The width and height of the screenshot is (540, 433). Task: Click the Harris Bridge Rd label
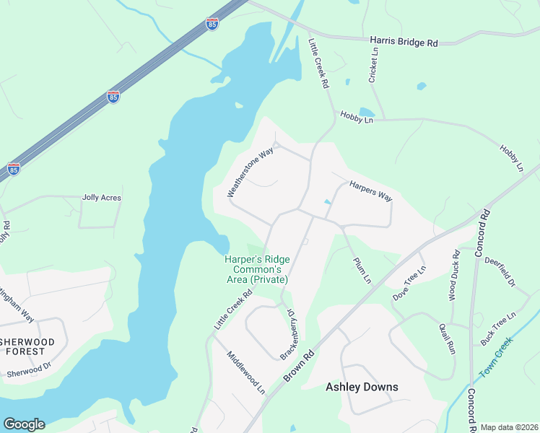tap(404, 43)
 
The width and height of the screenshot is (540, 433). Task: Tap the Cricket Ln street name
tap(373, 65)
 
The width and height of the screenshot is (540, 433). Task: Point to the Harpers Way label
tap(370, 191)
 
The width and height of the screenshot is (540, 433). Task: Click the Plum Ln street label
tap(362, 270)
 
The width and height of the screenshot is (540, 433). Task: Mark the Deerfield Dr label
tap(500, 271)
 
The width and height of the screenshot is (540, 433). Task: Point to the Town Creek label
tap(496, 358)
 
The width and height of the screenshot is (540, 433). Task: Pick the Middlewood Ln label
tap(246, 372)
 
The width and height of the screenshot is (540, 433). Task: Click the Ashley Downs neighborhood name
tap(362, 387)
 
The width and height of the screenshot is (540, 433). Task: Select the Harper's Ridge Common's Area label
tap(256, 268)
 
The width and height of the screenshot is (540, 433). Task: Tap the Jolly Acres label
tap(102, 198)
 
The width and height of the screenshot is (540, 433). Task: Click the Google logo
tap(24, 424)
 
